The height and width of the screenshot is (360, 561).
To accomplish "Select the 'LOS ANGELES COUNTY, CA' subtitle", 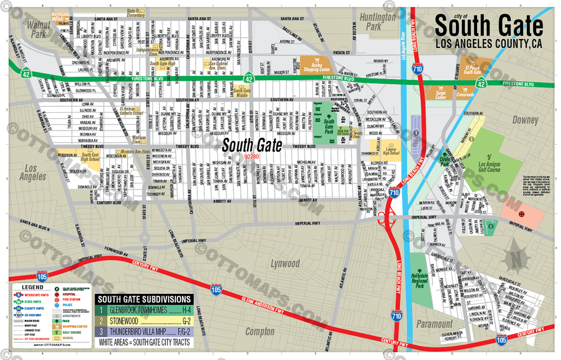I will pyautogui.click(x=488, y=43).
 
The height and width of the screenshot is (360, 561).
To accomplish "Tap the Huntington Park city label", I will pyautogui.click(x=377, y=22).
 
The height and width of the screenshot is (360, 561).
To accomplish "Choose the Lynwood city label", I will pyautogui.click(x=285, y=263).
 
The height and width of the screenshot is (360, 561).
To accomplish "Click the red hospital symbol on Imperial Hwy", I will pyautogui.click(x=521, y=214).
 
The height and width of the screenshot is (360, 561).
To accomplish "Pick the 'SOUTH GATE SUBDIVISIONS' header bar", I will pyautogui.click(x=145, y=299).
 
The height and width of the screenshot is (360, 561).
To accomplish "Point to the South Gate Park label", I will pyautogui.click(x=328, y=125).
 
